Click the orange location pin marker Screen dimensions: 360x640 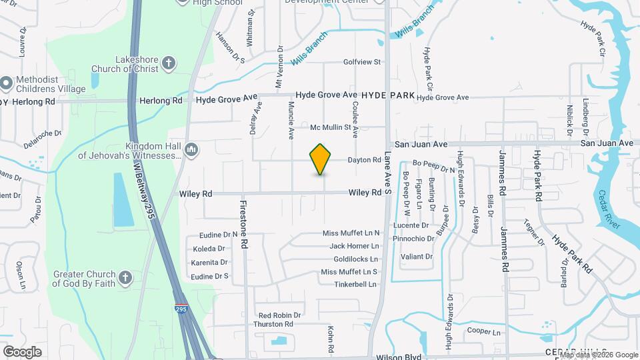(321, 159)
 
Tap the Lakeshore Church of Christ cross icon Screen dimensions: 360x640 (169, 64)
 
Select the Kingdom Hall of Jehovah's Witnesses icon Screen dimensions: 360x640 (191, 149)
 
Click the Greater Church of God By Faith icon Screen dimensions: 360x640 (126, 277)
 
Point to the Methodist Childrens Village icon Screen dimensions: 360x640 (7, 83)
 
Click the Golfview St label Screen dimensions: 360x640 (361, 62)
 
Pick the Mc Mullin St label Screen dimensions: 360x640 (331, 127)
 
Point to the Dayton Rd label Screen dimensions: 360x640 (364, 160)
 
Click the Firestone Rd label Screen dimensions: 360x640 (244, 224)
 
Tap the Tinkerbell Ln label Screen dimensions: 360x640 (355, 284)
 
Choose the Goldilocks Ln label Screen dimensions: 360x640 (355, 259)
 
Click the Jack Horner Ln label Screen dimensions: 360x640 (354, 246)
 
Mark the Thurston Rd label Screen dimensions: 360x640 (273, 324)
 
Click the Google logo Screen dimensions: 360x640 (22, 351)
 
